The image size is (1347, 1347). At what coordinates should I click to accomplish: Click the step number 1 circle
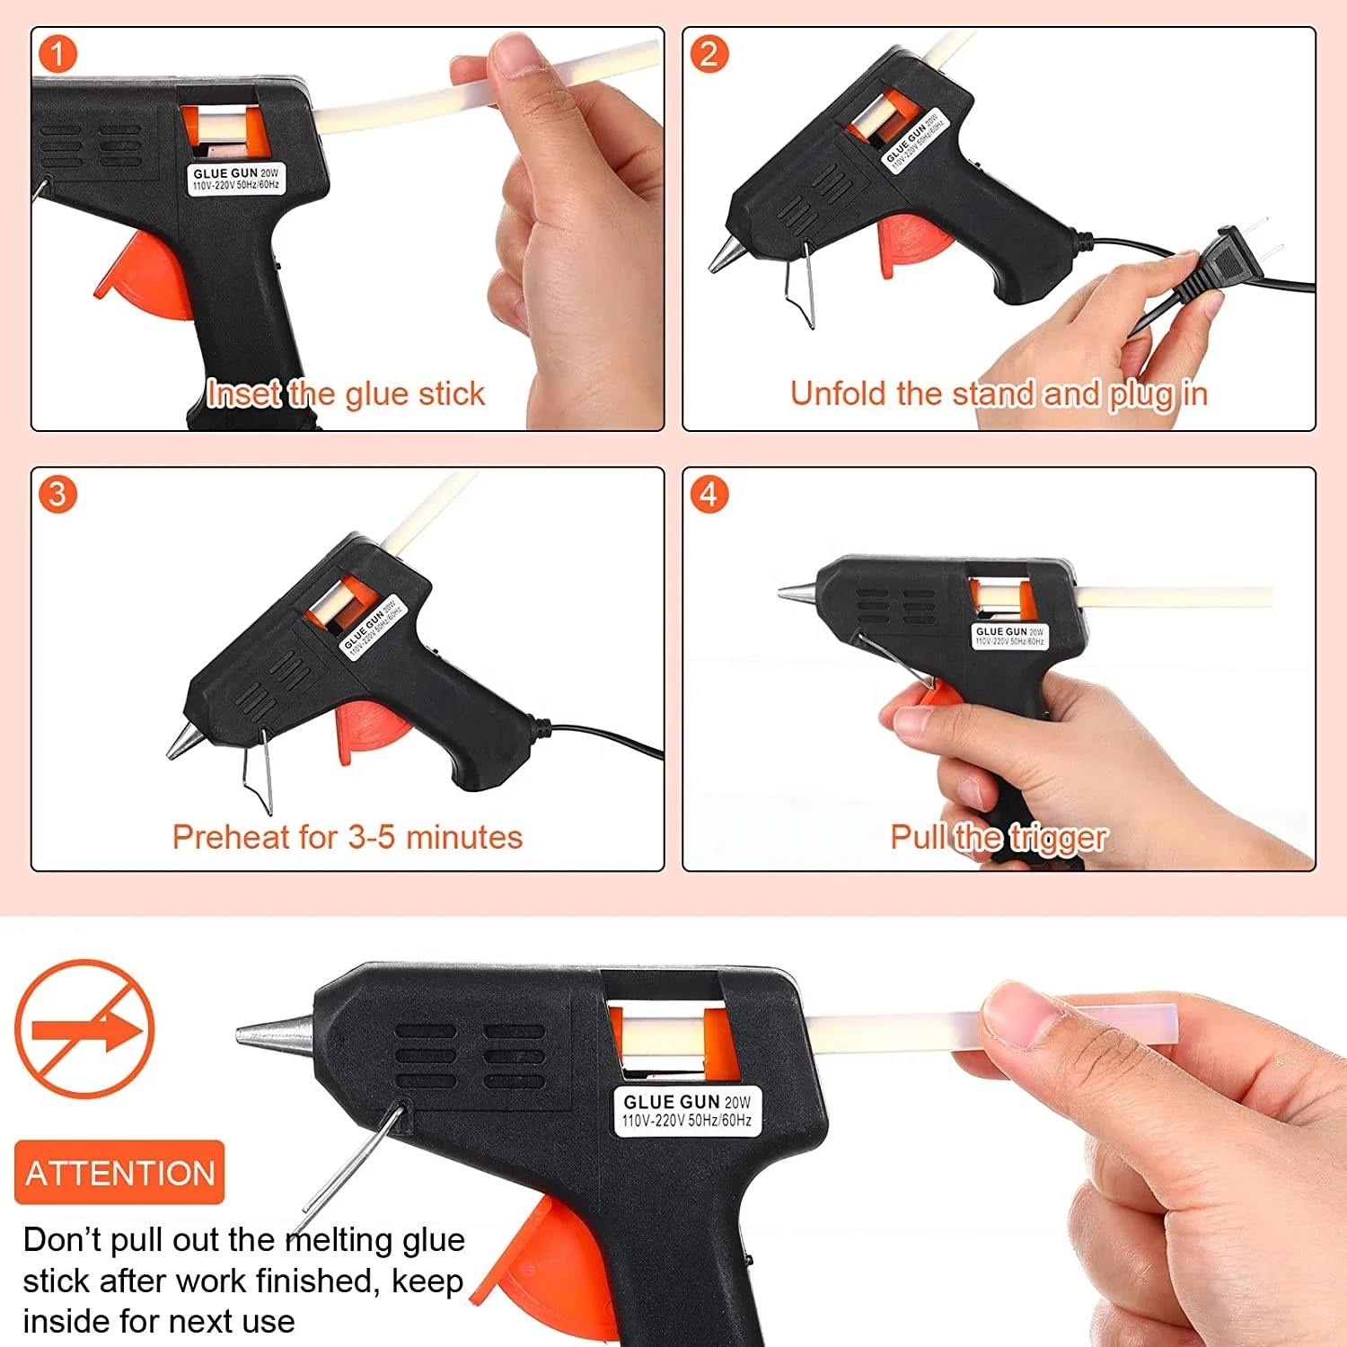pos(57,54)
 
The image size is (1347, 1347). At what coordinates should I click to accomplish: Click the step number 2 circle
pos(709,54)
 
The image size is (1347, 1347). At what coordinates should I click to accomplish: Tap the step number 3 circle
pos(57,494)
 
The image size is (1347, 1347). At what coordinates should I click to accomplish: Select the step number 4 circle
pos(709,494)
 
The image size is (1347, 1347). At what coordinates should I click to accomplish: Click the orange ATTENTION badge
pos(119,1173)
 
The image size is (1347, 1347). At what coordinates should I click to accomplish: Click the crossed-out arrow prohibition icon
pos(84,1029)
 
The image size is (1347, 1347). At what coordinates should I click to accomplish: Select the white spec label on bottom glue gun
pos(687,1111)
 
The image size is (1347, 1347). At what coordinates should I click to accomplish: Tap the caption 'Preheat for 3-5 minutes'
pos(347,837)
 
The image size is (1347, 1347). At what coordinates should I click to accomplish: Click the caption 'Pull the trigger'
pos(998,837)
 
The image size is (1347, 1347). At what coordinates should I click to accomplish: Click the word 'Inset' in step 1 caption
pos(243,393)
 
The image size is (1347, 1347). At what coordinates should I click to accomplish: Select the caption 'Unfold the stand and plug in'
pos(998,393)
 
